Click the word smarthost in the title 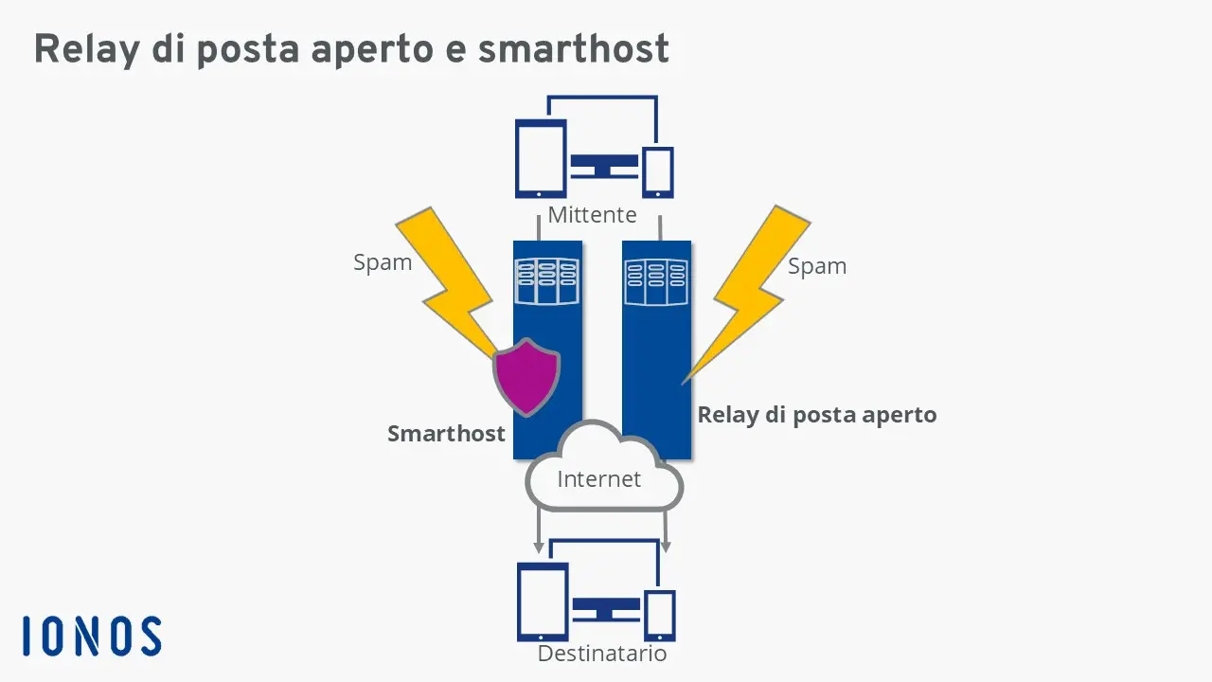click(x=573, y=49)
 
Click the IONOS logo click(x=92, y=636)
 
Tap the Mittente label click(x=592, y=215)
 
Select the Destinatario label click(x=602, y=654)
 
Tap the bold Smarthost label click(x=446, y=434)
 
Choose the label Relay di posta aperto click(x=816, y=415)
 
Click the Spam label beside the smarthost click(x=383, y=262)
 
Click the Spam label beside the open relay click(x=817, y=266)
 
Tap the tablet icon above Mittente click(x=541, y=158)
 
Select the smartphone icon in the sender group click(x=657, y=171)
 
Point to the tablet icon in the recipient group click(x=543, y=601)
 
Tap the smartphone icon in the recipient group click(x=659, y=615)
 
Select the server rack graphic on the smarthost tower click(x=545, y=281)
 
